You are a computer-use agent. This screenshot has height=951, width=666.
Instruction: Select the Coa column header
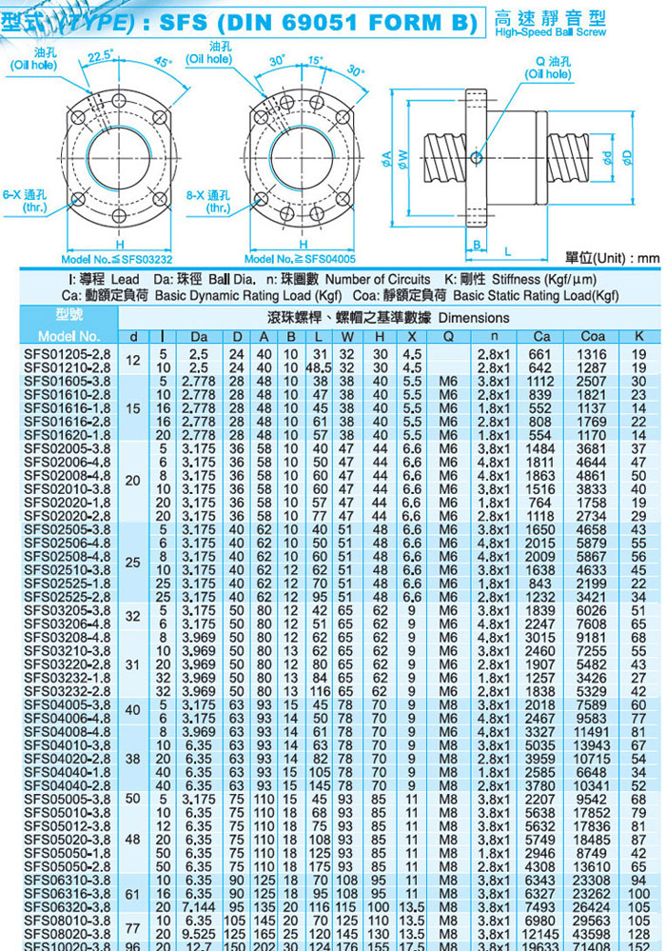[x=593, y=336]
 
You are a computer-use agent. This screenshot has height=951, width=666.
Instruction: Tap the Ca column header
[x=541, y=336]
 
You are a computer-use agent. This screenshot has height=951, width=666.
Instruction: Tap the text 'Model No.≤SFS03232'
[x=116, y=258]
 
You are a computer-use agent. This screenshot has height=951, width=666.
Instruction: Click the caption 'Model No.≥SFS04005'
[x=300, y=258]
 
